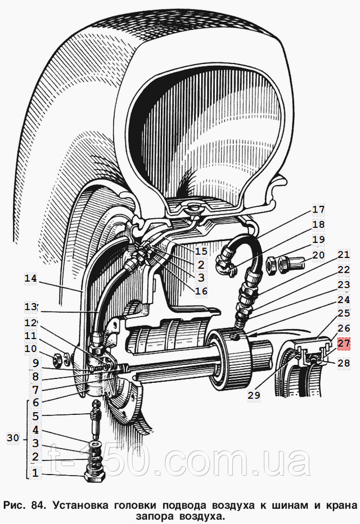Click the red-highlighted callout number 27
click(344, 343)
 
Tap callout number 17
click(318, 210)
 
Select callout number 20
click(318, 255)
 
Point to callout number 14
click(30, 278)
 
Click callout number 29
click(254, 395)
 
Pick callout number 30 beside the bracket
click(13, 438)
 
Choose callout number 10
click(30, 349)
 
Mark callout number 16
click(201, 291)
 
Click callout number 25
click(344, 313)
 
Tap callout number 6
click(35, 403)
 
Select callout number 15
click(201, 251)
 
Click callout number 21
click(344, 255)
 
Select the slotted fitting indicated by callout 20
click(292, 264)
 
